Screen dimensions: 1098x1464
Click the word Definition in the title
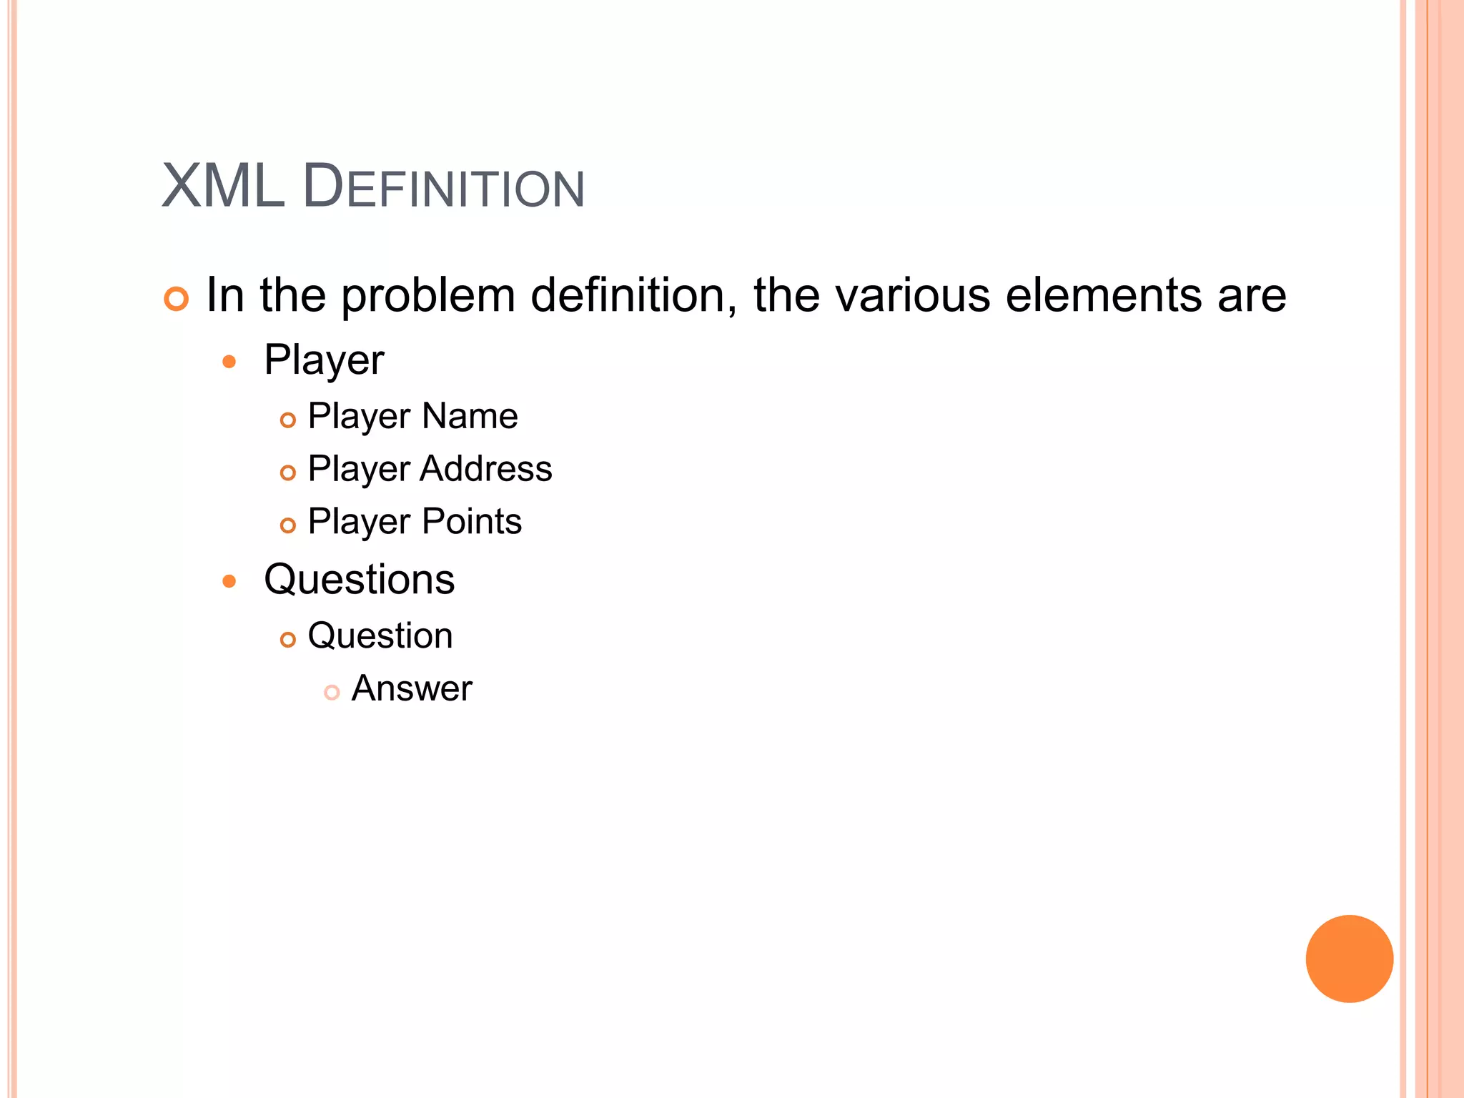coord(444,187)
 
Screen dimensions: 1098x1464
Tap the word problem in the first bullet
coord(427,296)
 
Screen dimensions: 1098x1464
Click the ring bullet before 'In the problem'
coord(176,298)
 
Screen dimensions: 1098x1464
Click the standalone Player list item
coord(324,360)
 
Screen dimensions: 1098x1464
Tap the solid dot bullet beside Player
coord(229,362)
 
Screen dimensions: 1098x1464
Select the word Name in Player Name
coord(470,416)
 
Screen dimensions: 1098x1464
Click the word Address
coord(486,469)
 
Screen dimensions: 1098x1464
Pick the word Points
coord(472,521)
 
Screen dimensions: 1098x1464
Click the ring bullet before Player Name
coord(287,420)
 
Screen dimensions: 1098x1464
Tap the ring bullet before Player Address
coord(287,473)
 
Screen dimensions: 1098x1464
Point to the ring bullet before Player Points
coord(287,525)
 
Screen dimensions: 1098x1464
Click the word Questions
coord(359,579)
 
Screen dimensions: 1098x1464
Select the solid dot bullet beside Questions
coord(229,581)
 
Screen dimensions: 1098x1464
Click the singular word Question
coord(380,635)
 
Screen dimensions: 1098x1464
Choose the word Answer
coord(412,688)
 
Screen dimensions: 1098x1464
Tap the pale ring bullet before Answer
coord(331,692)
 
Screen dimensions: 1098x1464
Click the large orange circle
coord(1349,959)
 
